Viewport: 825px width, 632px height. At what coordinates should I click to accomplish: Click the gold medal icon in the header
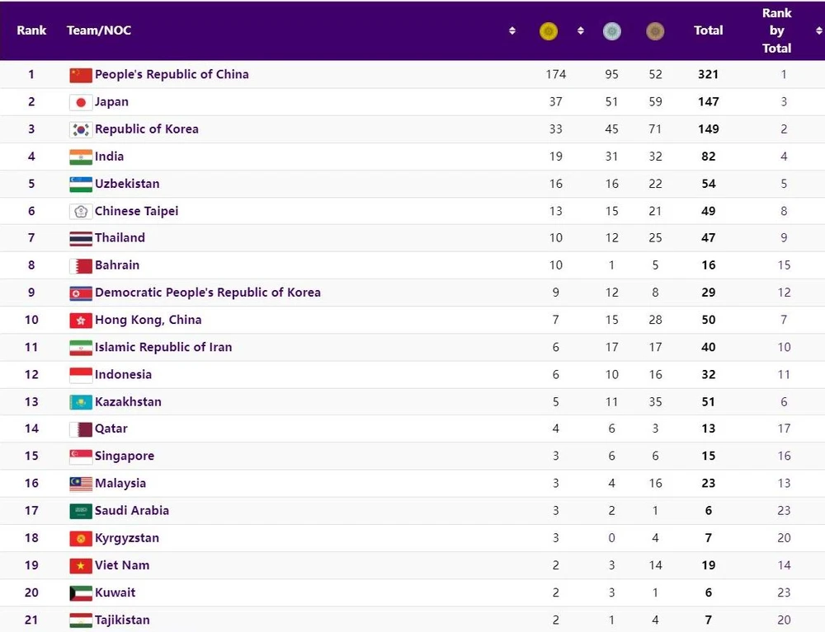[548, 31]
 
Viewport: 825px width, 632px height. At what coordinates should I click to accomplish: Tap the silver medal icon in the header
[611, 31]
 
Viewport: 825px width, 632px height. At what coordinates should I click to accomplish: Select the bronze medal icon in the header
[655, 31]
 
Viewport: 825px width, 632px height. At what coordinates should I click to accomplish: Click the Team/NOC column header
[99, 30]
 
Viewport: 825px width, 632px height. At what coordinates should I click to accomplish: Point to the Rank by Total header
[776, 30]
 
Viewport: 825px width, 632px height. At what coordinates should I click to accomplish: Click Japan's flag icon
[80, 102]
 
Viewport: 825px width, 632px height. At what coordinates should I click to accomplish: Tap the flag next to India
[80, 157]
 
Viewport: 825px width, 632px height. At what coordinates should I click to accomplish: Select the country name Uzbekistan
[127, 184]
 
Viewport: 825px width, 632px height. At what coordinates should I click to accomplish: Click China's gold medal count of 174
[556, 74]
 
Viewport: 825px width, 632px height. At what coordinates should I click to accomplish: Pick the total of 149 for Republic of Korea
[708, 129]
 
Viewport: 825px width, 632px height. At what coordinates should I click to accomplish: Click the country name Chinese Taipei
[136, 211]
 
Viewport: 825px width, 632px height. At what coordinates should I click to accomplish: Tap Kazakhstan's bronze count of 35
[655, 402]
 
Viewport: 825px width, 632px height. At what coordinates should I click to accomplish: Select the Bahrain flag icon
[80, 265]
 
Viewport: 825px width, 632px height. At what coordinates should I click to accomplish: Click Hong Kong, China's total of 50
[708, 320]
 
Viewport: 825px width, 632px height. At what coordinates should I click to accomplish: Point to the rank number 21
[31, 620]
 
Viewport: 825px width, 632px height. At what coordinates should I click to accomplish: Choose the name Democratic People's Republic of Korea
[207, 293]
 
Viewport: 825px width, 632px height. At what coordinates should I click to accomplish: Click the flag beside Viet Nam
[80, 565]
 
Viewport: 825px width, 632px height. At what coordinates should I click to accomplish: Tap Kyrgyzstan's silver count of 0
[611, 538]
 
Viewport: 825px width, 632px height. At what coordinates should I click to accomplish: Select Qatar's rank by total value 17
[784, 428]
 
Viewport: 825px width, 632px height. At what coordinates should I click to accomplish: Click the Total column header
[708, 30]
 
